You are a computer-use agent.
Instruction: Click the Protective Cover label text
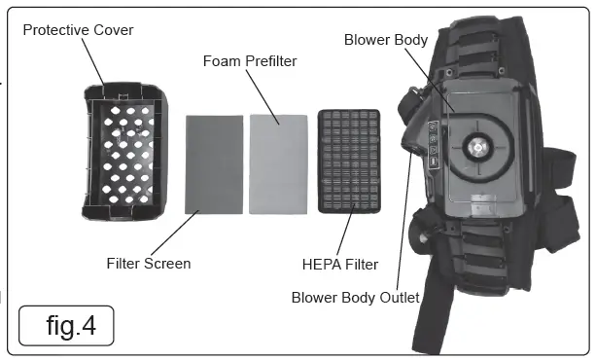point(78,30)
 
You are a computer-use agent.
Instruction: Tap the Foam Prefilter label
point(250,61)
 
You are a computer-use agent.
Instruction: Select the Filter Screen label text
point(149,263)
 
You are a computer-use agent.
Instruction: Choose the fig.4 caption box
point(65,325)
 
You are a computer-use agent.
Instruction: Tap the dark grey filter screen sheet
point(213,162)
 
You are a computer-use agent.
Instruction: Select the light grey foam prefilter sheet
point(278,162)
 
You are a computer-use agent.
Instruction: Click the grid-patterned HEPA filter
point(349,162)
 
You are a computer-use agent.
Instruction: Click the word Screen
point(168,263)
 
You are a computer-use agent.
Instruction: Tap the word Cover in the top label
point(114,30)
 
